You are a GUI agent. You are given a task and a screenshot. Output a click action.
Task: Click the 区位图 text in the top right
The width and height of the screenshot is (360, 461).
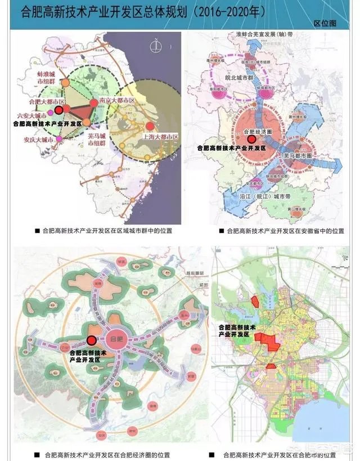pyautogui.click(x=325, y=24)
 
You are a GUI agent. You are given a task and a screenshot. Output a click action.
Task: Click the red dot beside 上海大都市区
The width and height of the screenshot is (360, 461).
pyautogui.click(x=148, y=126)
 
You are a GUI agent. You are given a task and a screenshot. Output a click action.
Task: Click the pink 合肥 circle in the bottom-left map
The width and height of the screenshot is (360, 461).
pyautogui.click(x=117, y=341)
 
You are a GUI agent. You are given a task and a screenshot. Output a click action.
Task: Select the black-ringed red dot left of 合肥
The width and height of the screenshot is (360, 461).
pyautogui.click(x=91, y=341)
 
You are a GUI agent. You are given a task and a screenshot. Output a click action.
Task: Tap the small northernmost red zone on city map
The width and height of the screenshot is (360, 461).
pyautogui.click(x=255, y=301)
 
